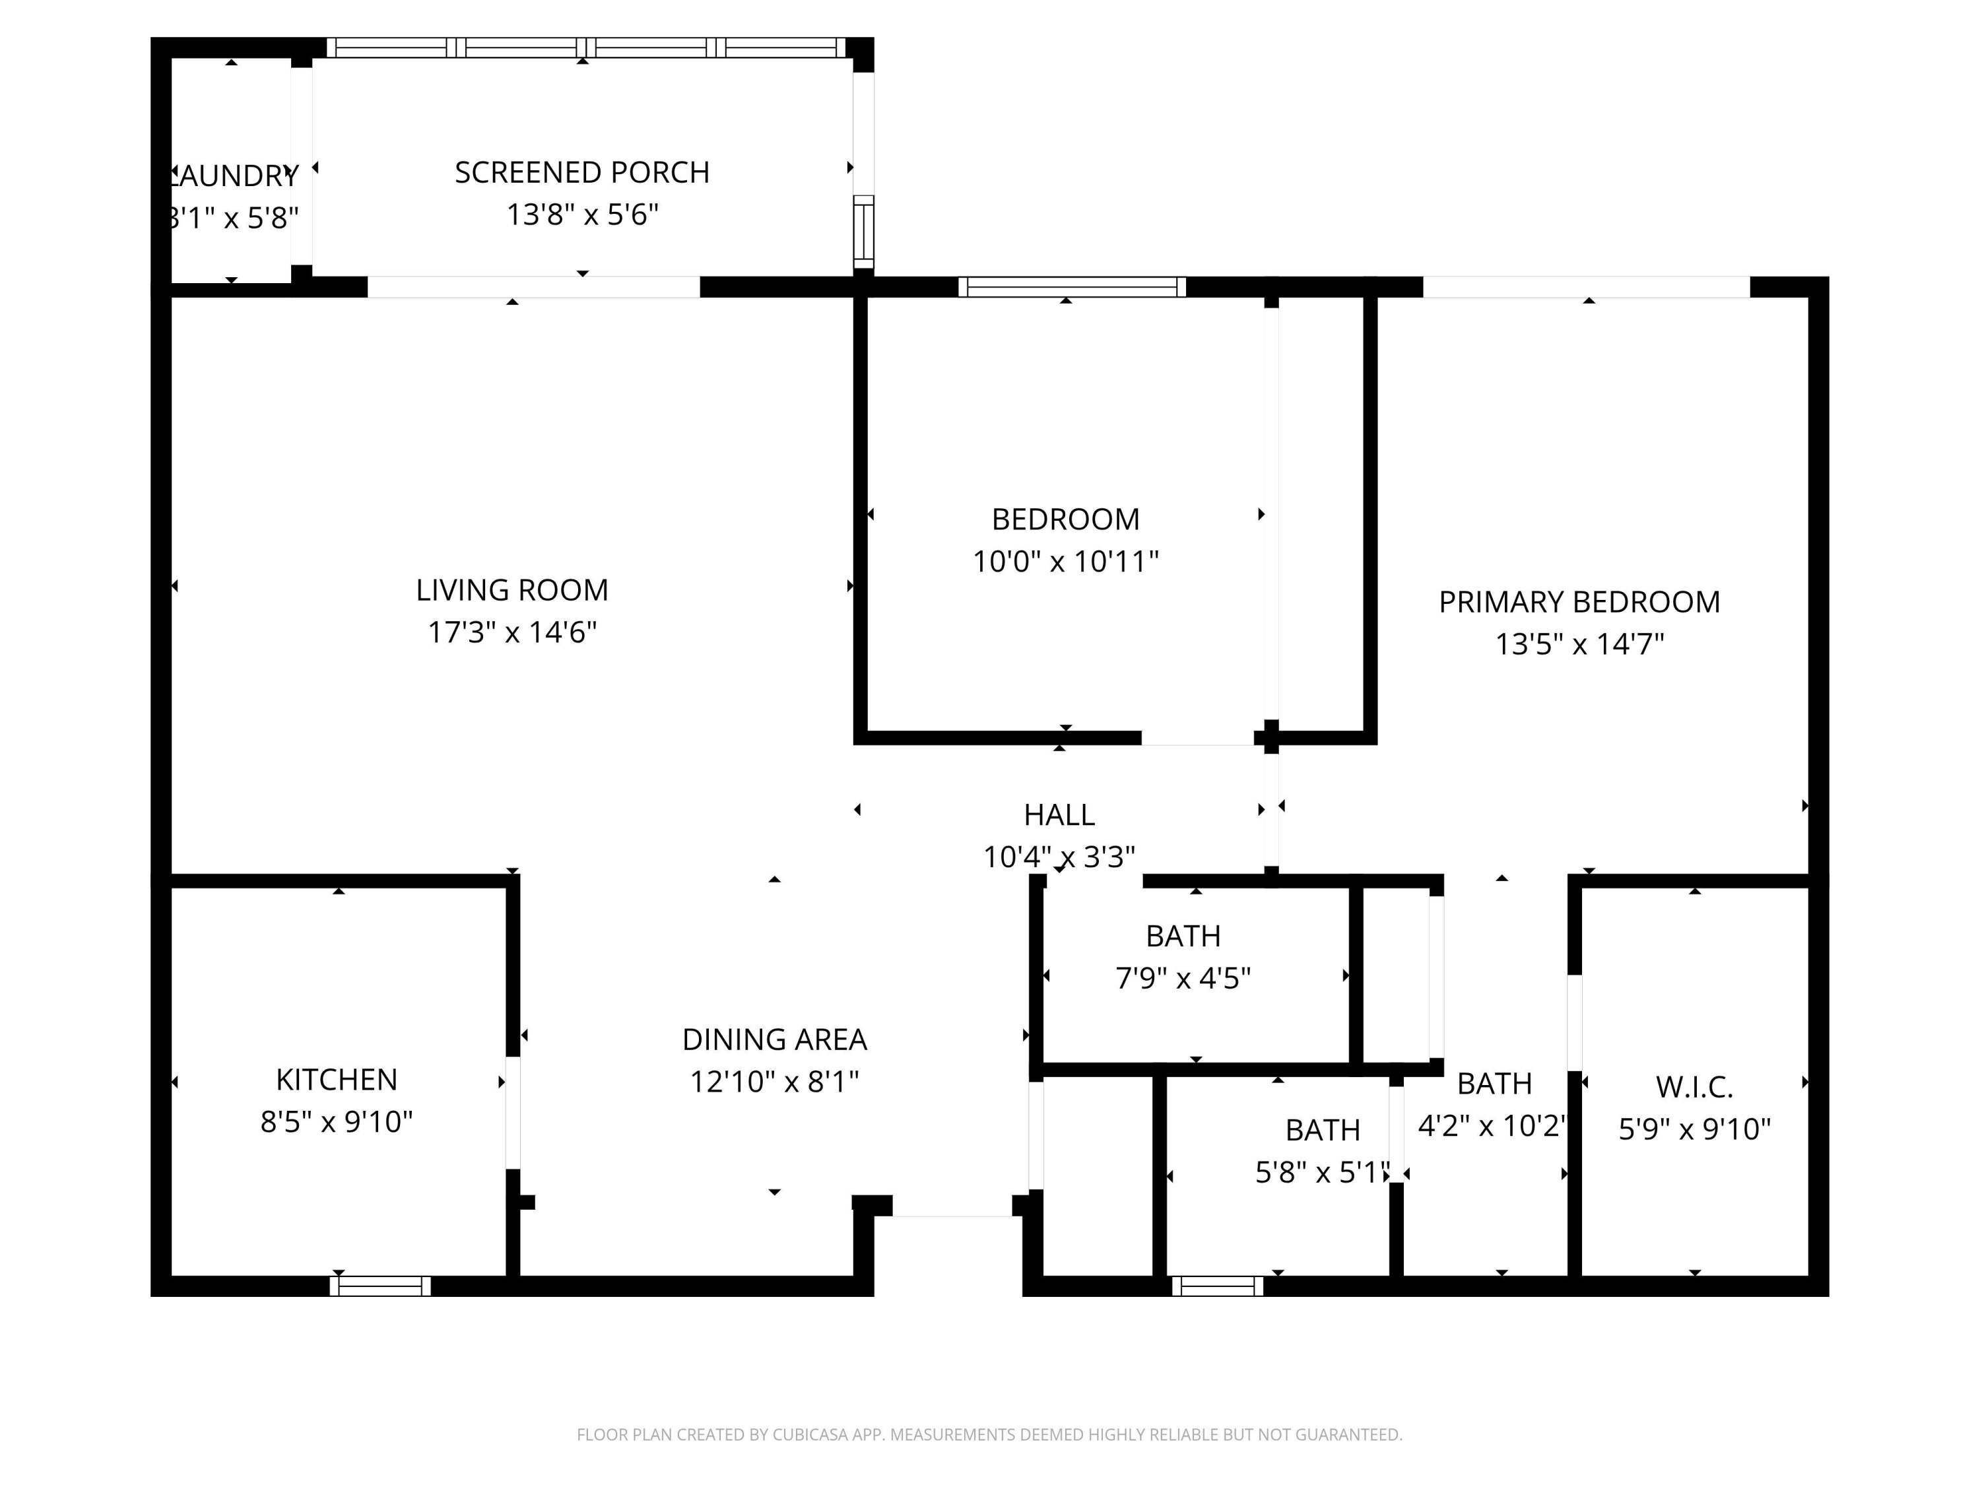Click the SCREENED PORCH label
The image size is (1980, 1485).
click(582, 172)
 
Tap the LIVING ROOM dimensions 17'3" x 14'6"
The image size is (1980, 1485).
click(512, 632)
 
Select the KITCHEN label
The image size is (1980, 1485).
click(337, 1080)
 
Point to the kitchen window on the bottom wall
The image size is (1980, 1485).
click(380, 1286)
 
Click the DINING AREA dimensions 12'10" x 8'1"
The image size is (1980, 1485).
click(774, 1081)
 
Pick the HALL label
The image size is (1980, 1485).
click(1059, 814)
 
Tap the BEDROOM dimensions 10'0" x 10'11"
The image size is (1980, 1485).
click(1065, 561)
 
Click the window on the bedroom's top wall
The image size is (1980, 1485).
click(1071, 286)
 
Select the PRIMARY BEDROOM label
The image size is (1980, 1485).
click(1579, 601)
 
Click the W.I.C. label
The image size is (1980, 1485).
click(1694, 1086)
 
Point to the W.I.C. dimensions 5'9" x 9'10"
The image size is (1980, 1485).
click(1694, 1129)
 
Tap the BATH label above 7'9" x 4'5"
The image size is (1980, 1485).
click(1183, 935)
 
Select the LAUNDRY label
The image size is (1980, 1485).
click(234, 176)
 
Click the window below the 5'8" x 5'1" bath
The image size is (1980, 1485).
click(1217, 1286)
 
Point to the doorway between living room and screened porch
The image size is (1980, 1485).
click(533, 286)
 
